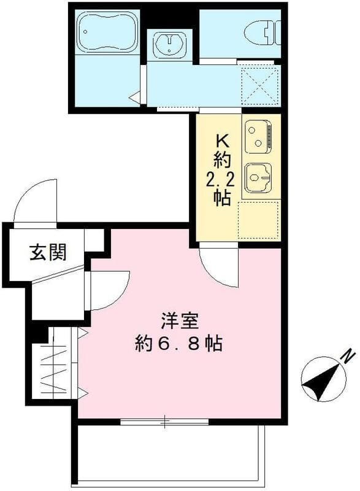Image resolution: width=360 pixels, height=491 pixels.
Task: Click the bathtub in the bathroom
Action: [107, 32]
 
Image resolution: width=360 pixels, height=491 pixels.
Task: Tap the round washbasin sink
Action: [169, 44]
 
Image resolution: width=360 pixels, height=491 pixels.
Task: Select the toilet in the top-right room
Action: [262, 33]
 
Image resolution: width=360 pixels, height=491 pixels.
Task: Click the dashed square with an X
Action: [260, 85]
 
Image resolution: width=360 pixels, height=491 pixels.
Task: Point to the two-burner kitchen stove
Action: [258, 136]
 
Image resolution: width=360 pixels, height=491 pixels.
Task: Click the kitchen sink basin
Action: [258, 178]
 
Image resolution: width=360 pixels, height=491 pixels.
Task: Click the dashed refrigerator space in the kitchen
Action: [258, 221]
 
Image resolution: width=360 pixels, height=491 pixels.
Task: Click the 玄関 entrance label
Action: [48, 252]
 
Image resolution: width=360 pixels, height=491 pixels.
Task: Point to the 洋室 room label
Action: [180, 321]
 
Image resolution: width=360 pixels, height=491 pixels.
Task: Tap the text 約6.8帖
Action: [179, 344]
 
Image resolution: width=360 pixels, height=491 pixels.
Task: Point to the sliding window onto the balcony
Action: [164, 422]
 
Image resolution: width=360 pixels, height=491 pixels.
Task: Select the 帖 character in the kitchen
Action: [223, 198]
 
